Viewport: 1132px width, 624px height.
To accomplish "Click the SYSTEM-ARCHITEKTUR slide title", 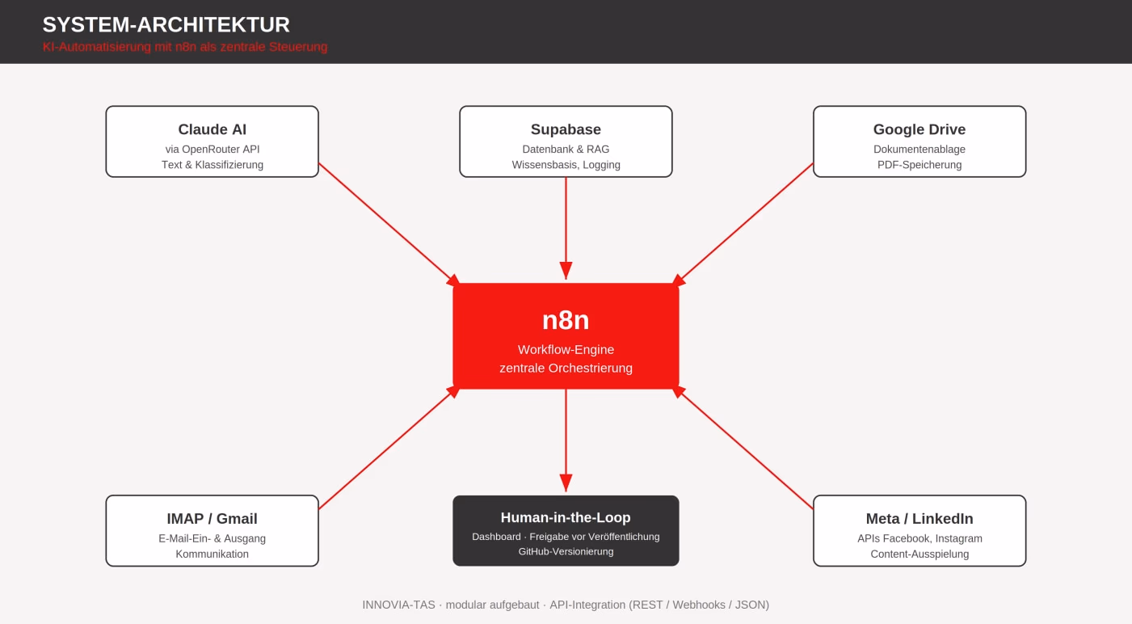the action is coord(166,25).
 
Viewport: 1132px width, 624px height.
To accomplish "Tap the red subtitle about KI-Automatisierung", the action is coord(185,47).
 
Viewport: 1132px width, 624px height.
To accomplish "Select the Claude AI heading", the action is coord(213,129).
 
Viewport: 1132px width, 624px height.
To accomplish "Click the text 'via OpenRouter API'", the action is coord(213,150).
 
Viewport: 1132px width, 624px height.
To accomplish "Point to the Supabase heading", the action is coord(566,129).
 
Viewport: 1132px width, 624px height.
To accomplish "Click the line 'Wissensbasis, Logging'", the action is coord(566,165).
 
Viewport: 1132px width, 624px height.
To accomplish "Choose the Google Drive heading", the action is coord(919,129).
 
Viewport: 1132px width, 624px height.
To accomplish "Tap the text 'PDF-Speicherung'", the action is coord(919,165).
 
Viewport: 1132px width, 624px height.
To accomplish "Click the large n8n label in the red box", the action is coord(566,320).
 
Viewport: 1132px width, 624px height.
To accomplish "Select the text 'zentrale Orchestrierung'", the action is coord(566,368).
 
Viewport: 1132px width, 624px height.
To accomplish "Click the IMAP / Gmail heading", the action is coord(213,519).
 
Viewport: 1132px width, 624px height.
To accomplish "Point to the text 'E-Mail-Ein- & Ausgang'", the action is coord(213,538).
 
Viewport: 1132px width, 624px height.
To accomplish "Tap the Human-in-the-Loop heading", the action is coord(566,517).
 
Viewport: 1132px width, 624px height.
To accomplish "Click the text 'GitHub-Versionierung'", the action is coord(566,552).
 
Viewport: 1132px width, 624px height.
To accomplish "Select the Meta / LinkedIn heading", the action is coord(919,519).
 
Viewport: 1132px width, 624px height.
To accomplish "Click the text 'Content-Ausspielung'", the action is coord(919,554).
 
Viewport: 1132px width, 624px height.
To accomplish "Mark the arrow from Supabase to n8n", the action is coord(566,228).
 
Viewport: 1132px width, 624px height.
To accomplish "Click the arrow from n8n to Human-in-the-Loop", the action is coord(566,440).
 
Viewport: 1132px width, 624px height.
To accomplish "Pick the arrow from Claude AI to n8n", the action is coord(389,225).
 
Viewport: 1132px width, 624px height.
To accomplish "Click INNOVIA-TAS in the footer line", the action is coord(398,605).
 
